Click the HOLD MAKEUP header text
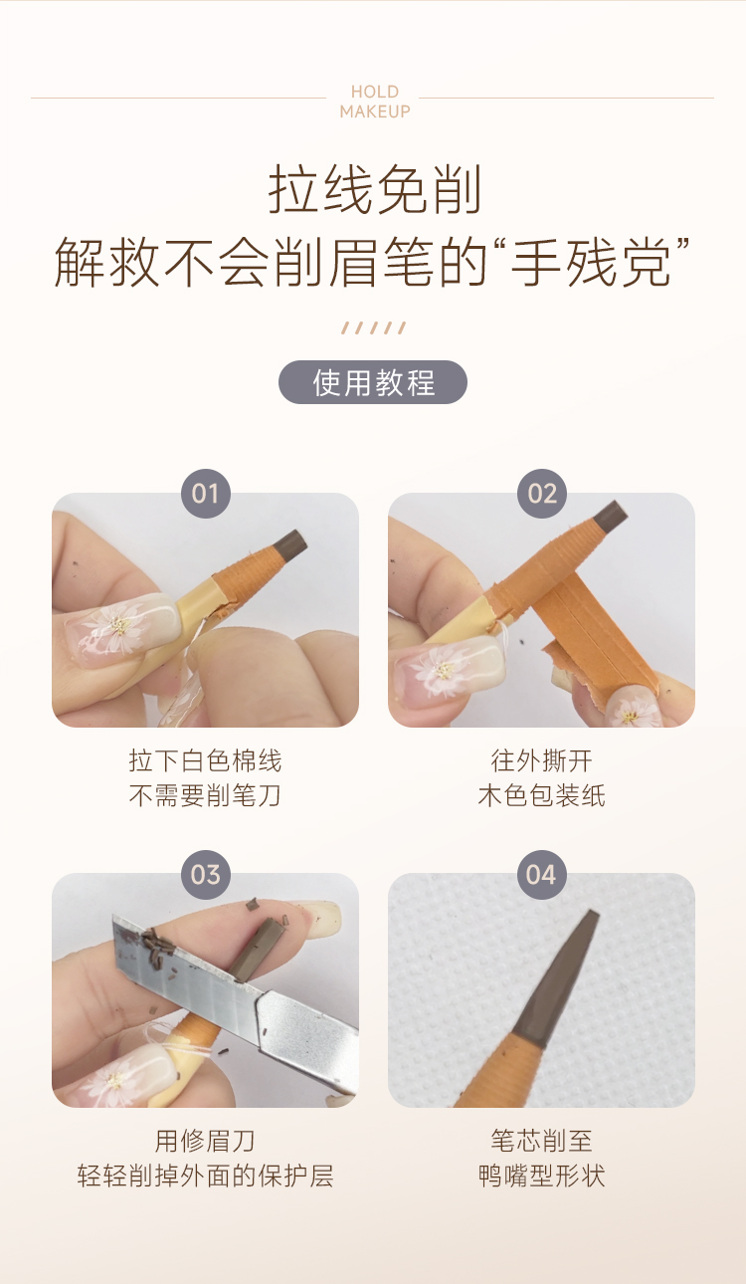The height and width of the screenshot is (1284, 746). point(375,102)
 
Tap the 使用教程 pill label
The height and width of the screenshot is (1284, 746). point(373,382)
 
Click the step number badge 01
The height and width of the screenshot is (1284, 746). point(206,494)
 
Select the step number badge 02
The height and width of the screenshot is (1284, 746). point(542,494)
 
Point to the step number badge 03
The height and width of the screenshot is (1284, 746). point(206,875)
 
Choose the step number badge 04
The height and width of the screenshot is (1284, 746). point(541,875)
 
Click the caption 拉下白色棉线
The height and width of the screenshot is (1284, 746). point(205,760)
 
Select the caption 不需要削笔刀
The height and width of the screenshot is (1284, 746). point(205,795)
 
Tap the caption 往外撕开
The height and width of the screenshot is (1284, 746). point(541,760)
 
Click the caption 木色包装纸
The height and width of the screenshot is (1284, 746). point(541,795)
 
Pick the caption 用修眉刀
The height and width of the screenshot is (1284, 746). point(205,1141)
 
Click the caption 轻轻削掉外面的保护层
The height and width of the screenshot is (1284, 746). point(205,1176)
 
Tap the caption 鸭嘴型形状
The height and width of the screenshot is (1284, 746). point(541,1176)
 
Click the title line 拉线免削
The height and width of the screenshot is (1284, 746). point(374,189)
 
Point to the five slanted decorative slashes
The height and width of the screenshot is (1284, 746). point(374,327)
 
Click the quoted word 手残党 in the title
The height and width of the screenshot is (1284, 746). point(591,263)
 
